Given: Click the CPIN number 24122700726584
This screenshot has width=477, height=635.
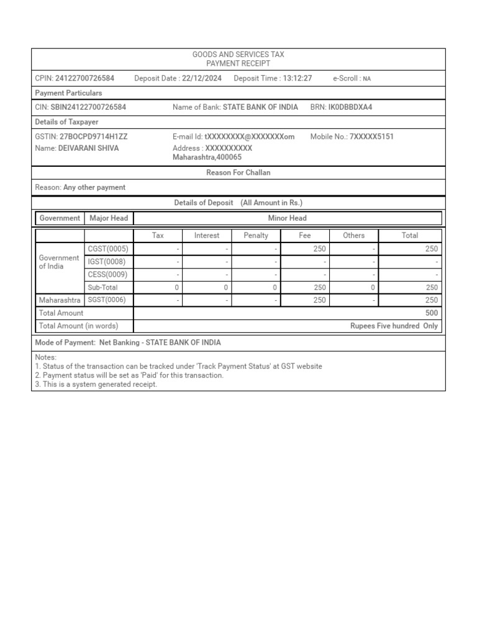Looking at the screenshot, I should click(84, 78).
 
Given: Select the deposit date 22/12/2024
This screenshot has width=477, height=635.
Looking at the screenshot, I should click(202, 78).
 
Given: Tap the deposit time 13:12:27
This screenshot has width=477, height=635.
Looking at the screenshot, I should click(297, 78).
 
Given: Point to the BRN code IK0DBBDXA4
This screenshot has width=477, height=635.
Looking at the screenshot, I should click(350, 107).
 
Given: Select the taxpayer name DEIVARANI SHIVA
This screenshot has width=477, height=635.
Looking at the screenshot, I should click(88, 148).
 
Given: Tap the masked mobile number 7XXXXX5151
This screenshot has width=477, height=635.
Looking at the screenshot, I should click(371, 136).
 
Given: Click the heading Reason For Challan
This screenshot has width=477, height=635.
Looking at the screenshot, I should click(238, 172).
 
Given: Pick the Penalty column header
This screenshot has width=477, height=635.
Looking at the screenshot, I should click(256, 236).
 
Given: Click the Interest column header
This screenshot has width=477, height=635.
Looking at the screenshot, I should click(207, 236).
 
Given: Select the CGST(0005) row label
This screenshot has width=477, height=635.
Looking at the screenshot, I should click(108, 249).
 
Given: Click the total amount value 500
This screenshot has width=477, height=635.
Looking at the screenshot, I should click(431, 313).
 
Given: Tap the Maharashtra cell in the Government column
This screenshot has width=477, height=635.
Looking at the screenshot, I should click(60, 300).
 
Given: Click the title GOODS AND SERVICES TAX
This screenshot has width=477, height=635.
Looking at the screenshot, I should click(238, 55).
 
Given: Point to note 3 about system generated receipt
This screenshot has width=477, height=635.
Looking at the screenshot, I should click(96, 384).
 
